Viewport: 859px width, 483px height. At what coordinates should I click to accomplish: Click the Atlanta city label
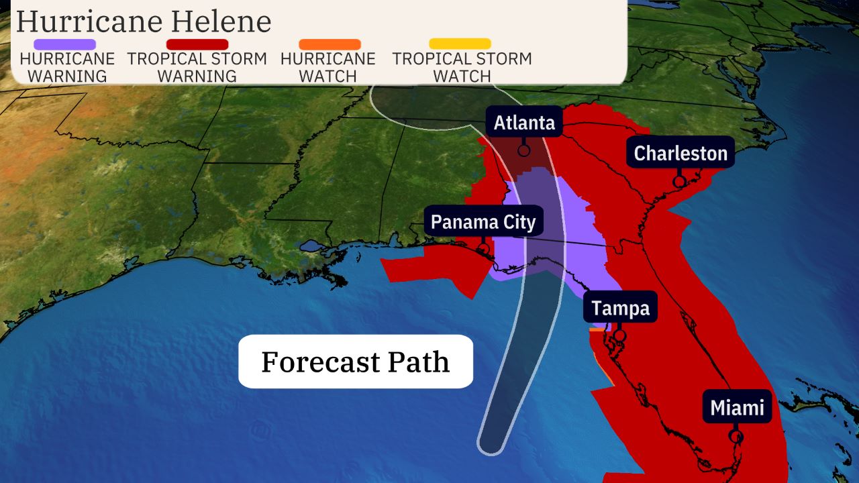tap(524, 123)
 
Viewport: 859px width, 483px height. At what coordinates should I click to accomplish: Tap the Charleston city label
tap(680, 154)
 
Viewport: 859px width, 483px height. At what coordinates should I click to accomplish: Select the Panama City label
tap(483, 222)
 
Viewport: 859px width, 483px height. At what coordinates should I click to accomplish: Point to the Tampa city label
tap(620, 308)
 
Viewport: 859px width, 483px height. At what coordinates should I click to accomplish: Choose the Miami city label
tap(737, 407)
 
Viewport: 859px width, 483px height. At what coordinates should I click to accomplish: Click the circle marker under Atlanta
tap(523, 150)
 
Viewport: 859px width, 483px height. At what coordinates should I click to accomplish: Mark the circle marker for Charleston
tap(679, 181)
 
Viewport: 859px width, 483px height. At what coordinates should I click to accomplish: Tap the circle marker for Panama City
tap(483, 250)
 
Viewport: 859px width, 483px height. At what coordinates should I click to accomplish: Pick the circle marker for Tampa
tap(619, 335)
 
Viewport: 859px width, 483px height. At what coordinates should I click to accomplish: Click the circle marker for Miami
tap(736, 436)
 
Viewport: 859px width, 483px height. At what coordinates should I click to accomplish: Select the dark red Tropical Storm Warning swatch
tap(197, 44)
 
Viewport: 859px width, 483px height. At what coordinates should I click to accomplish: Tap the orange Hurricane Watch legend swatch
tap(329, 44)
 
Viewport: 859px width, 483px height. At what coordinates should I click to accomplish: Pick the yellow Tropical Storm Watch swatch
tap(460, 44)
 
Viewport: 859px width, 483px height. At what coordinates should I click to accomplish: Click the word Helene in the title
tap(222, 21)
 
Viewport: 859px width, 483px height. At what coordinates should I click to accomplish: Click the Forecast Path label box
tap(356, 362)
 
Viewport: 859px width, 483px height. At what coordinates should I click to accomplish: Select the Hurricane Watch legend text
tap(328, 67)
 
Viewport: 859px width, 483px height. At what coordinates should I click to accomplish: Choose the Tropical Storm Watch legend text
tap(462, 67)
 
